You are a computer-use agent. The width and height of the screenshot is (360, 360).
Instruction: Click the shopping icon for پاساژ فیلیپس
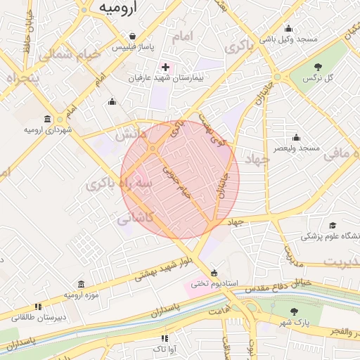pyautogui.click(x=132, y=36)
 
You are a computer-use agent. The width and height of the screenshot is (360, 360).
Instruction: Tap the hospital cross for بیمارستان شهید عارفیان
pyautogui.click(x=166, y=67)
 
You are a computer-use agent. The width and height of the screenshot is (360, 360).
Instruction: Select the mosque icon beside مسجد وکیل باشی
pyautogui.click(x=289, y=29)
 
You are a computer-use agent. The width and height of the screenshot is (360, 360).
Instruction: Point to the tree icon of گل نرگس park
pyautogui.click(x=319, y=66)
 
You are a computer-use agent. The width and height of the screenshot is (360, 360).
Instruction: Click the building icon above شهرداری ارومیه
pyautogui.click(x=47, y=118)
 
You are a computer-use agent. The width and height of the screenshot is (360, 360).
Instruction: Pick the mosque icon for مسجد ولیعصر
pyautogui.click(x=296, y=137)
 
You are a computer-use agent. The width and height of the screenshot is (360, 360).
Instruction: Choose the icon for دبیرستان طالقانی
pyautogui.click(x=38, y=307)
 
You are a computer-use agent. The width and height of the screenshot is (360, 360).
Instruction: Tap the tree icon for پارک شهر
pyautogui.click(x=293, y=311)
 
